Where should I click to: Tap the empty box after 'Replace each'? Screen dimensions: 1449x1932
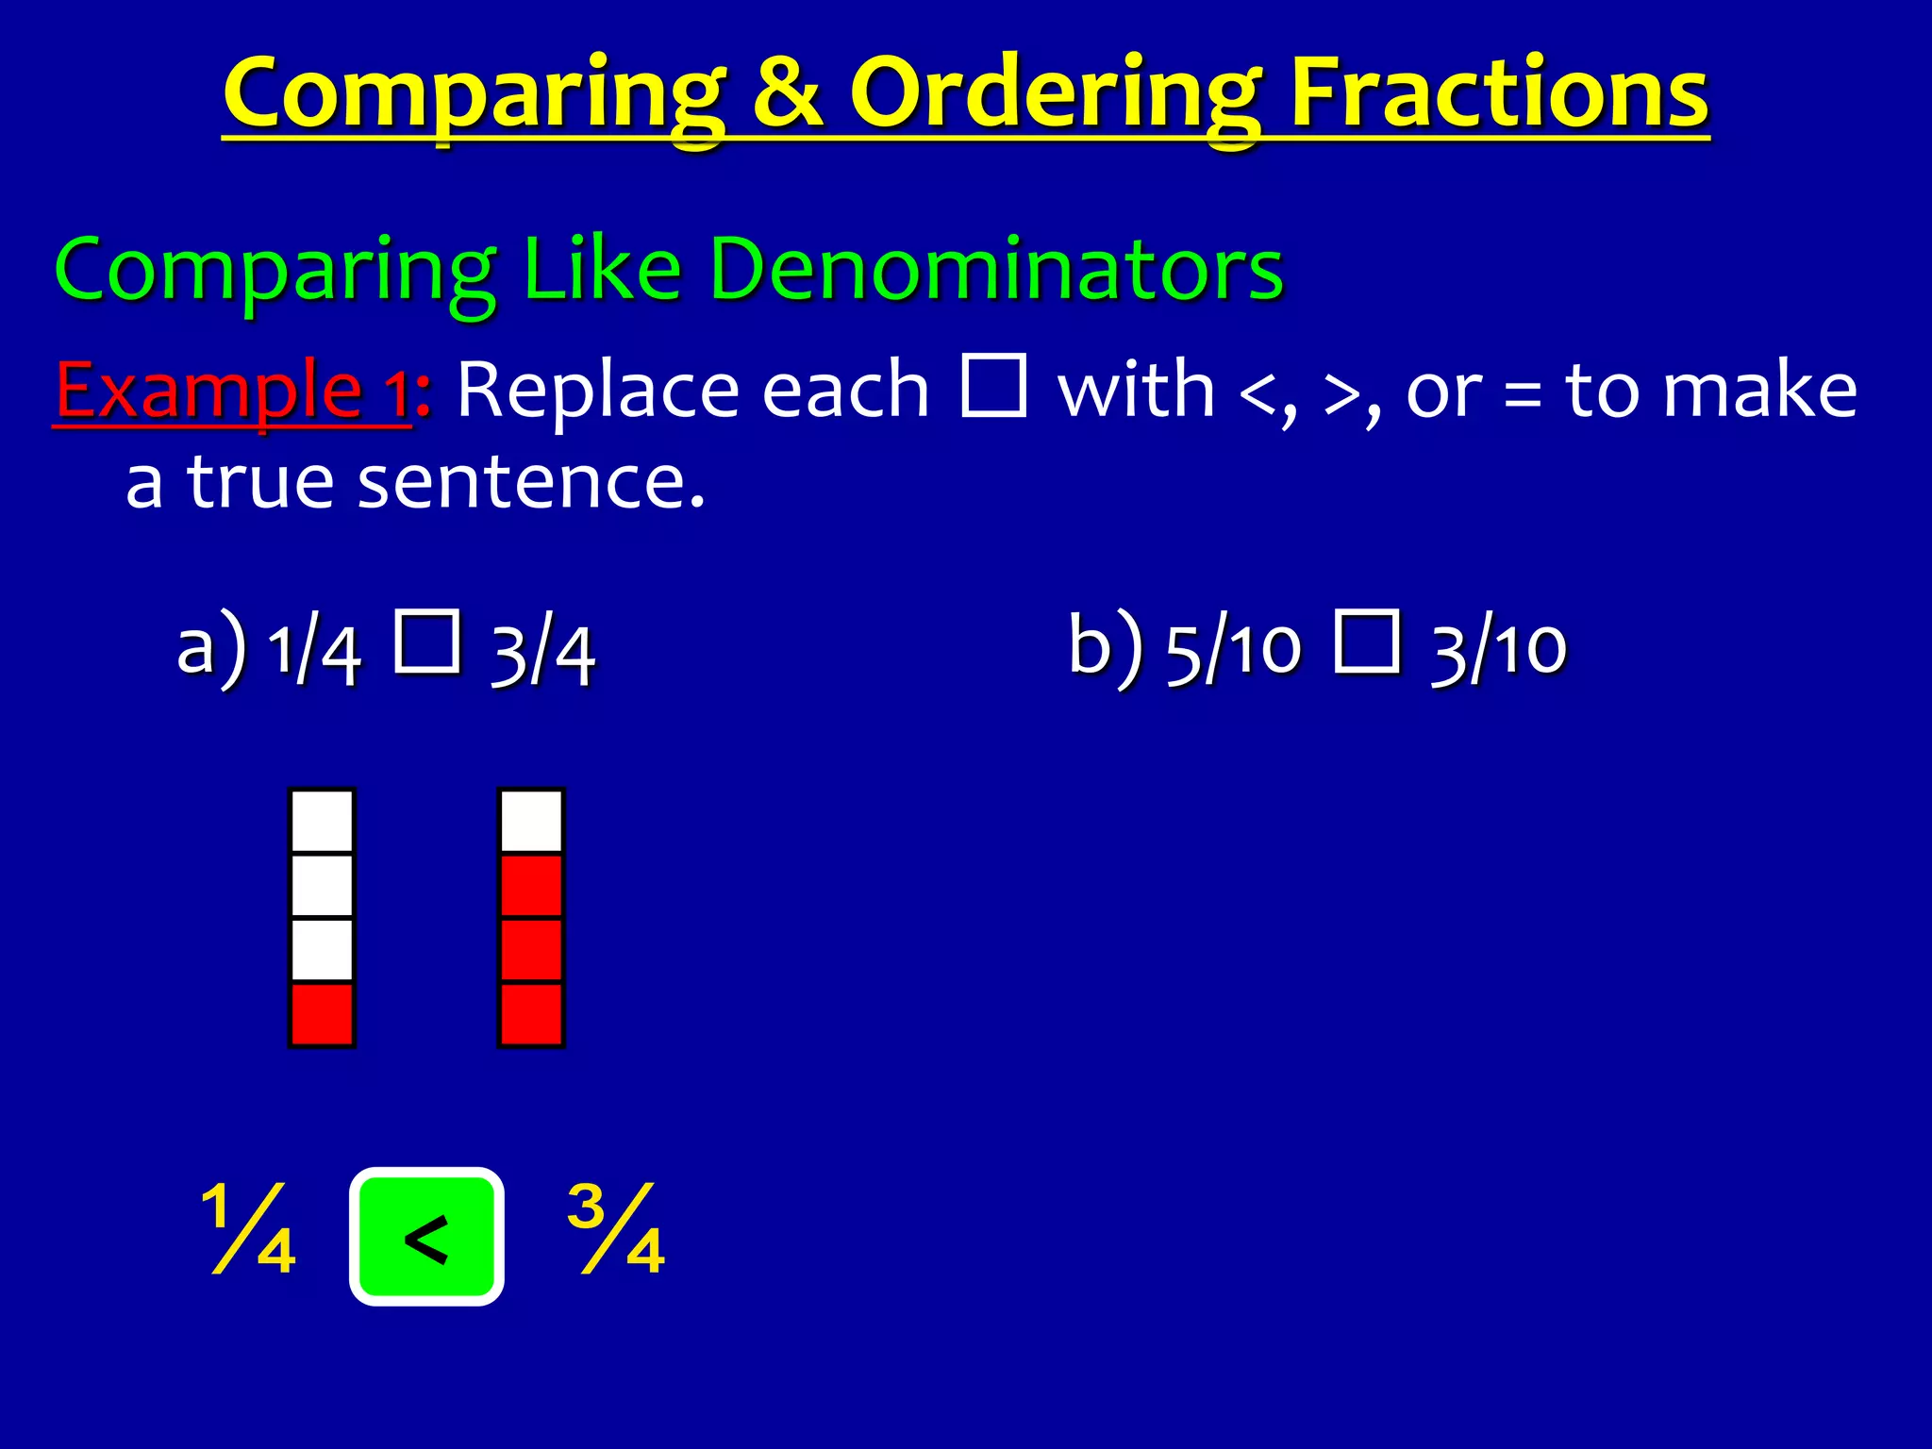point(993,386)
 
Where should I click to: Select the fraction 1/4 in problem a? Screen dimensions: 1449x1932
point(314,651)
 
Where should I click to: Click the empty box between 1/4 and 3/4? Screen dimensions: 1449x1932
point(427,642)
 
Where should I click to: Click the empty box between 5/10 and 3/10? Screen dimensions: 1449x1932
point(1367,642)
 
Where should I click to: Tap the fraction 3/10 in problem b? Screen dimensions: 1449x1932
point(1499,651)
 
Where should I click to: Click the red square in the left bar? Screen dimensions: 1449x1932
point(322,1014)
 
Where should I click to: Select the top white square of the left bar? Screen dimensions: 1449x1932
point(322,821)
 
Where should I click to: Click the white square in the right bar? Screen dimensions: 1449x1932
point(531,821)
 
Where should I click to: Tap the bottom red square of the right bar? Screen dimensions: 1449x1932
point(531,1014)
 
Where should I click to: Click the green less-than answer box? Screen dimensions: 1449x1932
point(426,1237)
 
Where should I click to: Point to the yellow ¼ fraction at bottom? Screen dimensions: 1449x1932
point(249,1228)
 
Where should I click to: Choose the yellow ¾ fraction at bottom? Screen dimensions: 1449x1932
point(617,1228)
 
